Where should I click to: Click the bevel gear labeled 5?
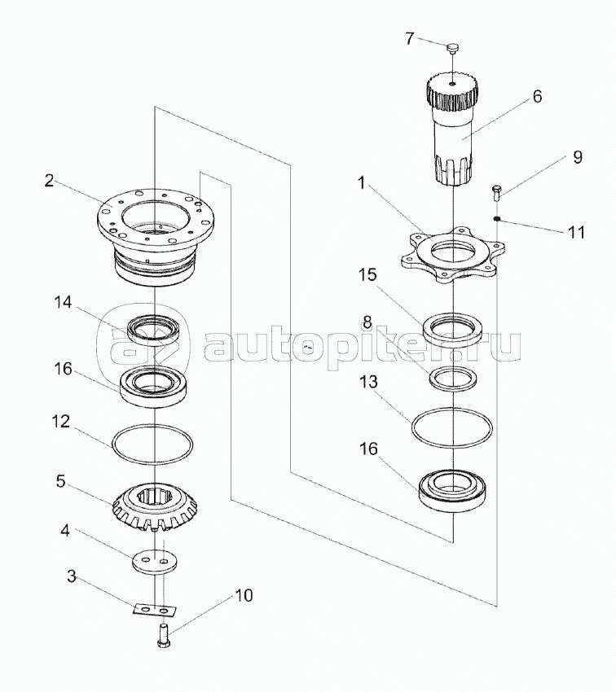click(155, 504)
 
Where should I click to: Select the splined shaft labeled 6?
click(451, 130)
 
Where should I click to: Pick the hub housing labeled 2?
click(155, 232)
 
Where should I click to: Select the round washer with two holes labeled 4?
click(155, 563)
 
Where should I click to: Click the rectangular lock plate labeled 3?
click(155, 609)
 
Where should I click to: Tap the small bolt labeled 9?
click(495, 193)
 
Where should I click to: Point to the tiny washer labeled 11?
click(495, 218)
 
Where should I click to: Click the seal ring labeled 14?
click(155, 329)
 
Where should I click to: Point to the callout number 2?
click(50, 181)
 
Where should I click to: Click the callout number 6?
click(537, 95)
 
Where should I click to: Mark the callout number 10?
click(243, 596)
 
